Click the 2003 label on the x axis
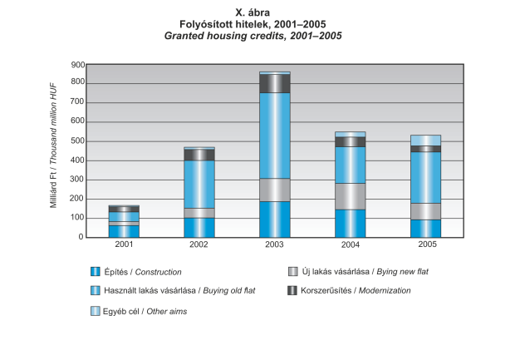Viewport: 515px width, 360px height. point(274,244)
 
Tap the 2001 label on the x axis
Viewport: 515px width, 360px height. point(124,244)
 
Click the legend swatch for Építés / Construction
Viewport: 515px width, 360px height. point(96,272)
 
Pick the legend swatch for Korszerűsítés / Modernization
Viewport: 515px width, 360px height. point(292,291)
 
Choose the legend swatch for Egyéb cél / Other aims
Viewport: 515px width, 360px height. point(96,310)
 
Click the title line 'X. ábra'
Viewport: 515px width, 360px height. point(257,12)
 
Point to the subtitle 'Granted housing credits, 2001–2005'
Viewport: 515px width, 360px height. point(257,37)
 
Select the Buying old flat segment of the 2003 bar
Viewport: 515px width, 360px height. point(274,136)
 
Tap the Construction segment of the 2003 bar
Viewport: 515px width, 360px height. point(274,219)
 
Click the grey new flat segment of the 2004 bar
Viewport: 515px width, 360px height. point(350,196)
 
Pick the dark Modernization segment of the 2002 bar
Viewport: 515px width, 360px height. point(199,155)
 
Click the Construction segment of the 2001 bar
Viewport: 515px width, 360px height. point(124,231)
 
